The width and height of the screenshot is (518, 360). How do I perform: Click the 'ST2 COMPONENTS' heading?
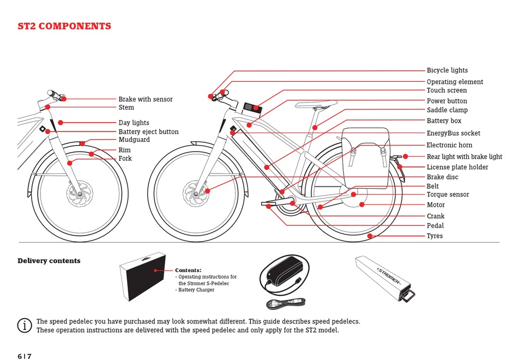64,26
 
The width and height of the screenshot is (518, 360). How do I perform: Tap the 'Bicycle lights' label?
447,70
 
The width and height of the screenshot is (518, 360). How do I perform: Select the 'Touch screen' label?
447,91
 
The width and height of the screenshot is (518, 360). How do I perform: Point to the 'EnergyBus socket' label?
453,133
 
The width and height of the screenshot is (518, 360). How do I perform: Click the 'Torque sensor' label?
448,195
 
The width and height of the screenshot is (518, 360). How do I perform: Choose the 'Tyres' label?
435,236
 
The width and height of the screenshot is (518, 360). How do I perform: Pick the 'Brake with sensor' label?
146,99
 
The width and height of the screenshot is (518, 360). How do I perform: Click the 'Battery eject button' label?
148,132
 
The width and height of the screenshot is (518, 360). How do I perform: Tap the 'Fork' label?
125,159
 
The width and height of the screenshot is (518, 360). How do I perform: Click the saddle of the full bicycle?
316,104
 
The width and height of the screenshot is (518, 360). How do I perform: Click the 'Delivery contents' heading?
49,261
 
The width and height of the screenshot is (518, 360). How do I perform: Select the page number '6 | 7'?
25,356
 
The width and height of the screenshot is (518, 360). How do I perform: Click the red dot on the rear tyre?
370,236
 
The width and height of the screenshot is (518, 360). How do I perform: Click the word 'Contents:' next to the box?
188,271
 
